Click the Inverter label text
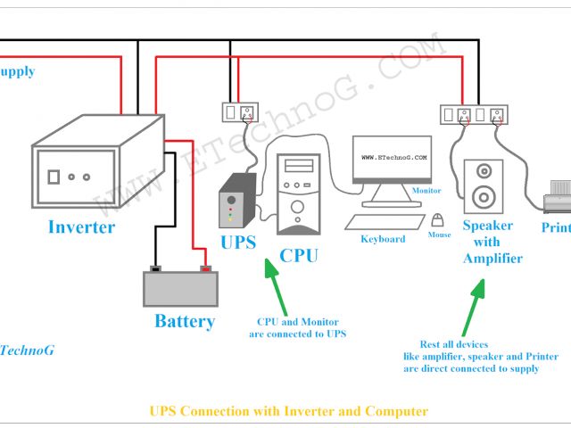(x=81, y=226)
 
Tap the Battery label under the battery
(x=185, y=321)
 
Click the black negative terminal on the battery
(x=154, y=268)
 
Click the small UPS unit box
(x=237, y=202)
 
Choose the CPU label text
(x=298, y=257)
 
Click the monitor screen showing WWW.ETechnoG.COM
(x=392, y=160)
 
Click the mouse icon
(x=437, y=220)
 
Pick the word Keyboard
(x=383, y=239)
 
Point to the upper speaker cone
(x=484, y=170)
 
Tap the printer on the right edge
(x=557, y=193)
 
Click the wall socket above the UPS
(x=239, y=113)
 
